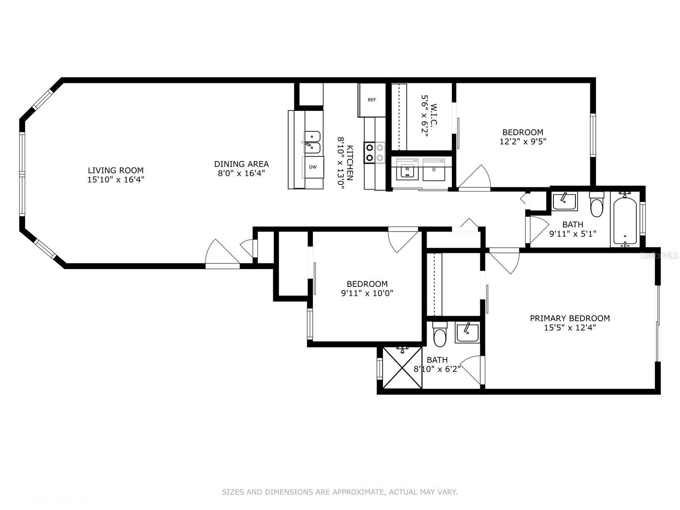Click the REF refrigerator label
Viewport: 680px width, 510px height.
tap(372, 100)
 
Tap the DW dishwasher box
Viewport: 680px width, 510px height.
tap(313, 167)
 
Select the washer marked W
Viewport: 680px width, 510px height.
tap(408, 169)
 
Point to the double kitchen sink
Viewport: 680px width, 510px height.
tap(312, 142)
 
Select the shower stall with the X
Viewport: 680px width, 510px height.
tap(402, 368)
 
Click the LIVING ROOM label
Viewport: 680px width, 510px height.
tap(116, 170)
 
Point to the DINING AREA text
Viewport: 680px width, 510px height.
tap(241, 164)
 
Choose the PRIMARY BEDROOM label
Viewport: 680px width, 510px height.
tap(570, 318)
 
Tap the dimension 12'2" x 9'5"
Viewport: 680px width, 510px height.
tap(523, 142)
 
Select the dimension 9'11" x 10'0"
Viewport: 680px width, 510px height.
tap(367, 293)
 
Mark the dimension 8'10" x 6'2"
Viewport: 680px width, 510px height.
tap(437, 369)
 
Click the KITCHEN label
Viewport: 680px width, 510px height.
tap(350, 163)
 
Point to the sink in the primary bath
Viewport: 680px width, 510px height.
tap(467, 333)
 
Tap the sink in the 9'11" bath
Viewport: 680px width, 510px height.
tap(564, 201)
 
